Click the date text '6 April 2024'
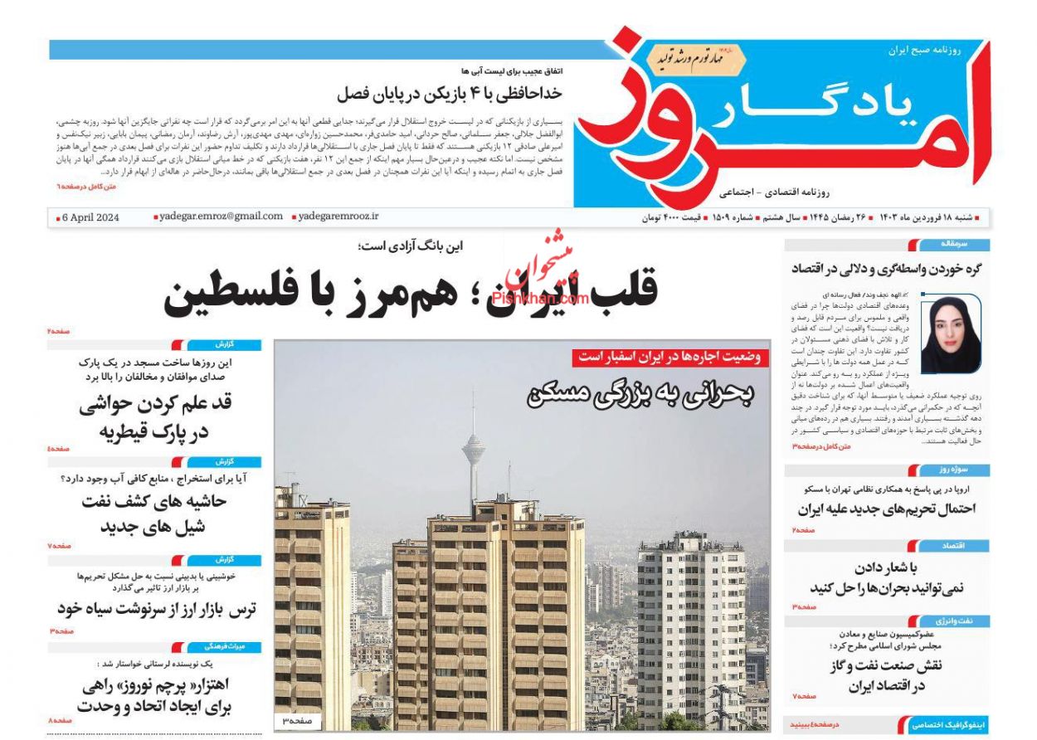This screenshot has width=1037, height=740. pyautogui.click(x=90, y=217)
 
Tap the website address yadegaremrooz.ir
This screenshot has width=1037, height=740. pyautogui.click(x=338, y=217)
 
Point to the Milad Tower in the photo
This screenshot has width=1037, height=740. pyautogui.click(x=474, y=452)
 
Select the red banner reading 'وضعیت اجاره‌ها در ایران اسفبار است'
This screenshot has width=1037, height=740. pyautogui.click(x=670, y=358)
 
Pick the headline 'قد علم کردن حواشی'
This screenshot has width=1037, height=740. pyautogui.click(x=156, y=406)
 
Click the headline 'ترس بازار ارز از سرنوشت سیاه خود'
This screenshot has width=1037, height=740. pyautogui.click(x=157, y=608)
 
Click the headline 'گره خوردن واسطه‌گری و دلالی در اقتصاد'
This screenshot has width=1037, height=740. pyautogui.click(x=887, y=268)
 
